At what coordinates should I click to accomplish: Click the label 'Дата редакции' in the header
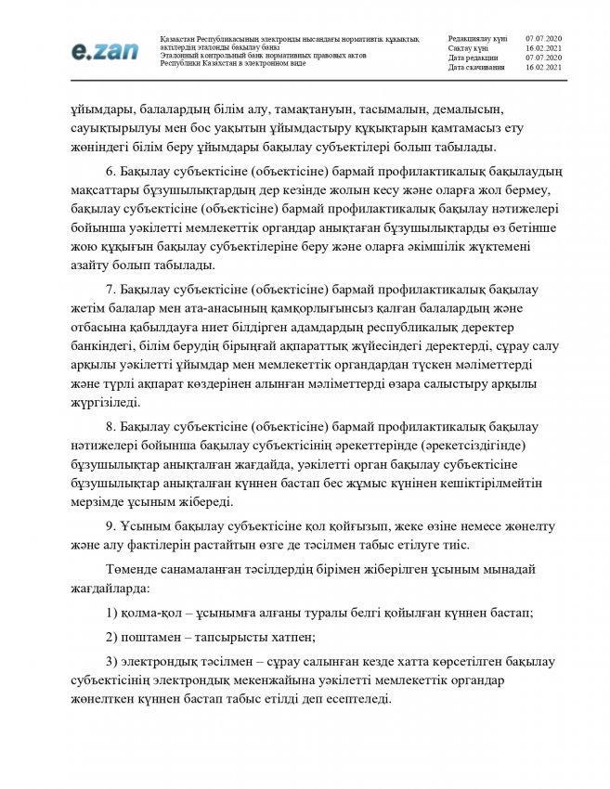pyautogui.click(x=473, y=58)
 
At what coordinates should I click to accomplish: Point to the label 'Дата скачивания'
pyautogui.click(x=475, y=68)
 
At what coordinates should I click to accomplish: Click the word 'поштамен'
pyautogui.click(x=151, y=636)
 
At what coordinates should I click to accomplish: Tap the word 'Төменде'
pyautogui.click(x=133, y=568)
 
